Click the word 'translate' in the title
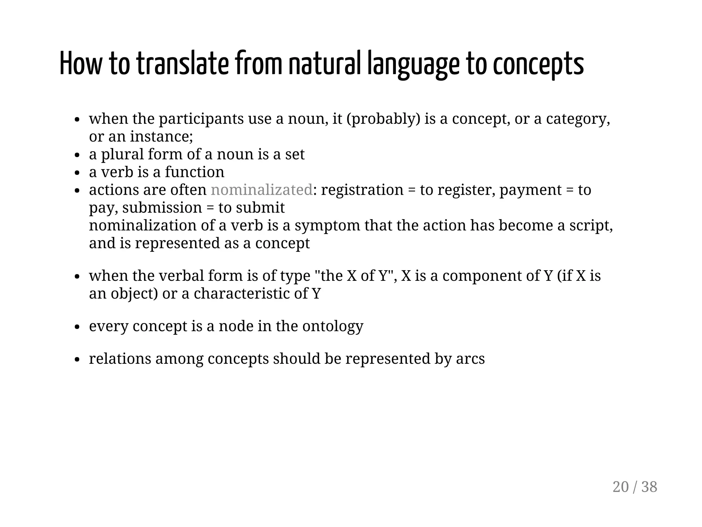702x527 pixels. [x=182, y=64]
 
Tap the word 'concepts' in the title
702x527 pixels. [x=538, y=64]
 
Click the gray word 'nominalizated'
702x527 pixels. [x=262, y=190]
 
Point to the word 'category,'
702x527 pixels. [x=578, y=119]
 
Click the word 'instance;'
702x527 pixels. [x=161, y=137]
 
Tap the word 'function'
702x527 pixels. [x=194, y=172]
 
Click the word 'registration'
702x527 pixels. [x=362, y=190]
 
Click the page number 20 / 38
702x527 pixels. [x=634, y=487]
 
